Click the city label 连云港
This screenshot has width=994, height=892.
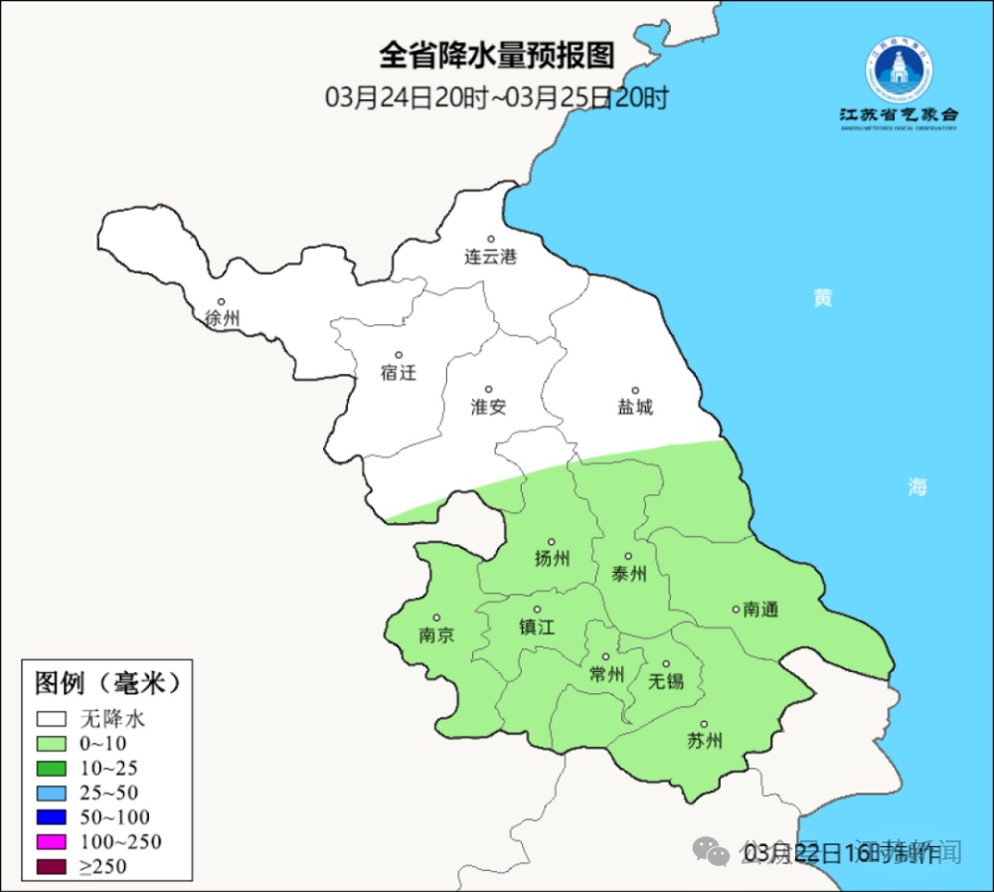[491, 257]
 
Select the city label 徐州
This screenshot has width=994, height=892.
[222, 319]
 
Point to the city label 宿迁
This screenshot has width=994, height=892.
[398, 373]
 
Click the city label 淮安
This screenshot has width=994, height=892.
[488, 406]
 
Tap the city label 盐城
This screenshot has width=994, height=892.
[635, 407]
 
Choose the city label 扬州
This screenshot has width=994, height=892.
[552, 559]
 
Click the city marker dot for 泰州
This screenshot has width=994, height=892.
[628, 557]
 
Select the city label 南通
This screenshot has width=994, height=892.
[760, 610]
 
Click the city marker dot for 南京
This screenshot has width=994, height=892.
[435, 618]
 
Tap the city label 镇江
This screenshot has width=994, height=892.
[537, 627]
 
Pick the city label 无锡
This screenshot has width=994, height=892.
[666, 681]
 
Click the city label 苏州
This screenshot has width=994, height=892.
[704, 741]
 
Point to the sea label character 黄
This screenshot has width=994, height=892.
[822, 297]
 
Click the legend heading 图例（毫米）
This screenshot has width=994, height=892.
[107, 683]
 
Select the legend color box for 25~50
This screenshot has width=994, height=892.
[52, 794]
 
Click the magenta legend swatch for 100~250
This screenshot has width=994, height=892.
[52, 842]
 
